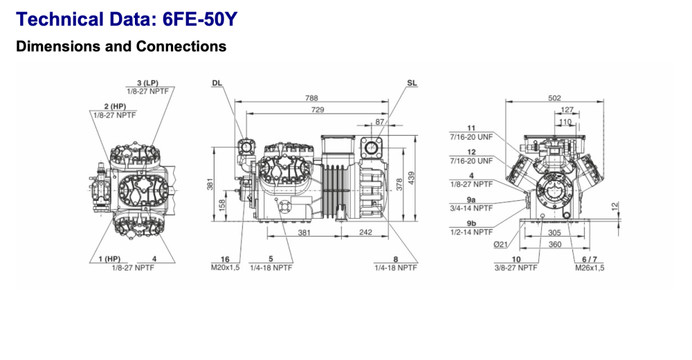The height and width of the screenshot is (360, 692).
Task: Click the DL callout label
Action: [x=217, y=83]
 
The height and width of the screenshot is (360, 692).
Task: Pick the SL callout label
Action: [x=412, y=83]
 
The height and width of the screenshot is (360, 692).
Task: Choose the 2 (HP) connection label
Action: [x=114, y=107]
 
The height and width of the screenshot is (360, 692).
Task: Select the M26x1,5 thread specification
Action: [x=589, y=268]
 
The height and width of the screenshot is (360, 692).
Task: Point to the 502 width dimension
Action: [x=554, y=98]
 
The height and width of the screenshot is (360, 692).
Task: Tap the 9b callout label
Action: [x=471, y=223]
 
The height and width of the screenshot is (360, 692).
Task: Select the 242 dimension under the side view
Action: [x=365, y=233]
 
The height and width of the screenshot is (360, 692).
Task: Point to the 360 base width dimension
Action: [x=554, y=245]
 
